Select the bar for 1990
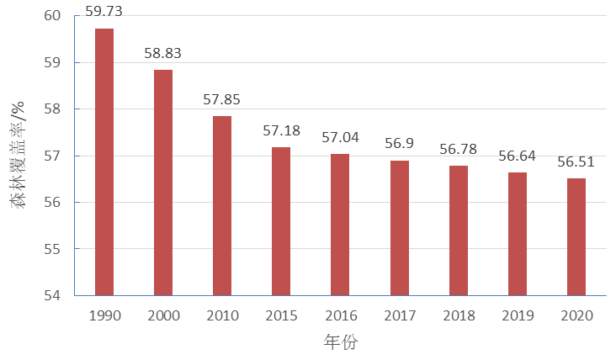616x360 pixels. click(x=104, y=161)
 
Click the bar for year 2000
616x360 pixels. click(x=163, y=183)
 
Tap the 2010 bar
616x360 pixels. click(x=222, y=205)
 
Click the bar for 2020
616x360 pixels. click(x=576, y=236)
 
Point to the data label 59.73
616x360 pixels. click(x=104, y=11)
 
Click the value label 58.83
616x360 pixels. click(x=163, y=53)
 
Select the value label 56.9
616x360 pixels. click(x=399, y=144)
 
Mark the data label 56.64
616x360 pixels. click(x=517, y=156)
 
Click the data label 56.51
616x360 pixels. click(x=576, y=161)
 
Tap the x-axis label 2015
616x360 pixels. click(x=281, y=316)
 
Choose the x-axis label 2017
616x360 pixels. click(x=399, y=316)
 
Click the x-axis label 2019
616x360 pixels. click(x=517, y=316)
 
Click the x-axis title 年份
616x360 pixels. click(x=340, y=341)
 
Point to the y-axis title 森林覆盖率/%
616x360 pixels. click(x=19, y=156)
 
